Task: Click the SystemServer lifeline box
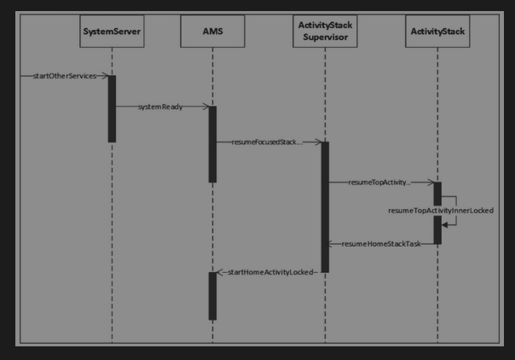[x=112, y=32]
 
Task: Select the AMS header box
[x=212, y=32]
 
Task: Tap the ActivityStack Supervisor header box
[x=324, y=32]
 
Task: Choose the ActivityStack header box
[x=437, y=32]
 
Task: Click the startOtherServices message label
[x=64, y=76]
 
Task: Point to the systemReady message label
[x=159, y=107]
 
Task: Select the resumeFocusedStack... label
[x=266, y=142]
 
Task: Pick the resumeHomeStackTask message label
[x=381, y=244]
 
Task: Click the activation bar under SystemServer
[x=112, y=108]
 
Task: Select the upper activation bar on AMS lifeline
[x=212, y=143]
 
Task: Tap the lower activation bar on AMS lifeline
[x=212, y=295]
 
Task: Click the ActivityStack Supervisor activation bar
[x=324, y=207]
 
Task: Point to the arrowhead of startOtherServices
[x=104, y=76]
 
